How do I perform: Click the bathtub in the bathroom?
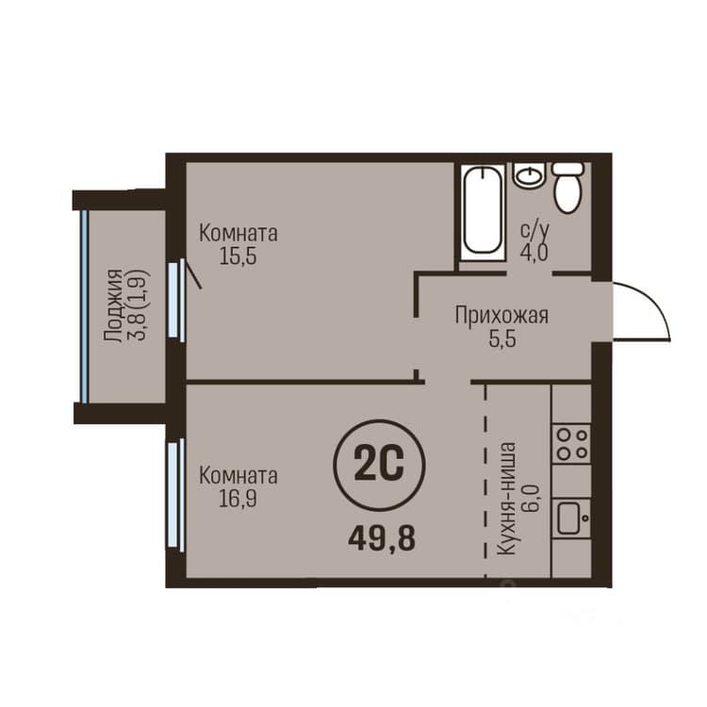[483, 212]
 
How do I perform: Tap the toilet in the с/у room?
[568, 188]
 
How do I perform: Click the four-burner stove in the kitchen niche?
[571, 443]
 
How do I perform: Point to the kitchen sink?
[571, 518]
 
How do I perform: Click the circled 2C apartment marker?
[379, 466]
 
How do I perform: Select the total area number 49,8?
[382, 539]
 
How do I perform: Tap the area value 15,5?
[238, 256]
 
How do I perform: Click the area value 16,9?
[238, 499]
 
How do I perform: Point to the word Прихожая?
[501, 315]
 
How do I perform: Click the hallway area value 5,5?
[502, 338]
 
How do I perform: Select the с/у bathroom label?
[534, 230]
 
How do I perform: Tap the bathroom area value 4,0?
[534, 253]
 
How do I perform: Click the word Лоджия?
[113, 306]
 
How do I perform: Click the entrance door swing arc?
[655, 300]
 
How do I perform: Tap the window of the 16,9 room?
[176, 495]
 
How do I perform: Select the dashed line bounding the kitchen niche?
[485, 481]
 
